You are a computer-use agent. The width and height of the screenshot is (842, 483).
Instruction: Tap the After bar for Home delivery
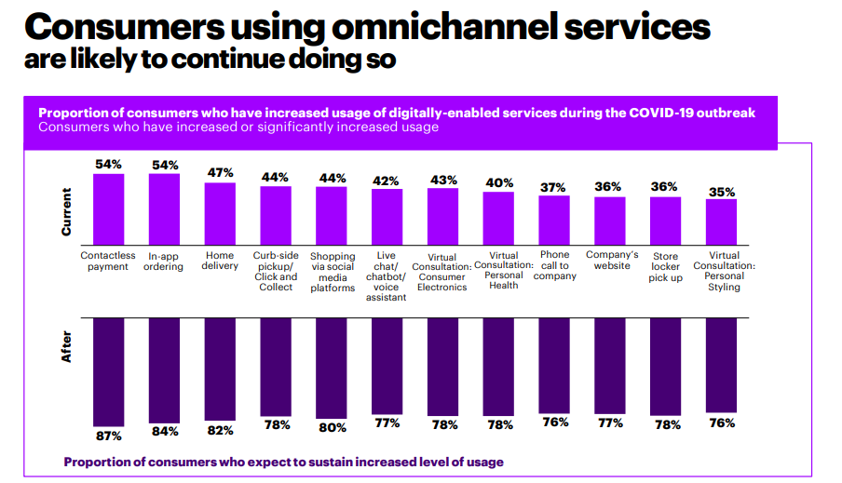coord(220,367)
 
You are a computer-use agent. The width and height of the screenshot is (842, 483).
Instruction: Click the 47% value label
coord(220,173)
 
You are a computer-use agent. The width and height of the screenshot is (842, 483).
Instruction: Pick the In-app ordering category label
coord(164,262)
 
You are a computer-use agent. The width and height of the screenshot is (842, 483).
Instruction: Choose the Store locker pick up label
coord(665,267)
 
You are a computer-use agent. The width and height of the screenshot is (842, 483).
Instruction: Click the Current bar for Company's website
coord(609,216)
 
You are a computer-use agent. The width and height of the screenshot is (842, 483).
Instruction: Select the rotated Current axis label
coord(66,211)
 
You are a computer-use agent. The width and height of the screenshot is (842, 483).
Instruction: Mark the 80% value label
coord(332,428)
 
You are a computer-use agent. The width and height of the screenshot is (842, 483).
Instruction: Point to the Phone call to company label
coord(554,265)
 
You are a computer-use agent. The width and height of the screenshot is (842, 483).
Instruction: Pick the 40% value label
coord(499,182)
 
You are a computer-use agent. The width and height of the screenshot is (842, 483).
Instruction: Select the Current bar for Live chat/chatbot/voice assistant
coord(387,214)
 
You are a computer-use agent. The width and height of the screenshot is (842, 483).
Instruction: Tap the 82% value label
coord(220,431)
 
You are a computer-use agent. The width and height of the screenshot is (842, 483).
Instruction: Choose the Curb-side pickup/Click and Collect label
coord(276,272)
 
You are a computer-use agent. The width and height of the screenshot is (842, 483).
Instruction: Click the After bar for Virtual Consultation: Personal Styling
coord(721,364)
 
